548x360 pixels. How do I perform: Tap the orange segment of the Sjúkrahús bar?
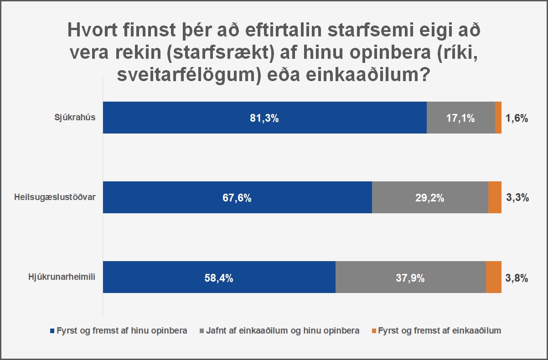pyautogui.click(x=498, y=118)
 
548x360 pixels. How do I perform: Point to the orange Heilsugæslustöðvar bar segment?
pyautogui.click(x=495, y=197)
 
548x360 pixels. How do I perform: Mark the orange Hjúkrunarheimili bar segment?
pyautogui.click(x=494, y=277)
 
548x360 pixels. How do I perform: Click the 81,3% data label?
pyautogui.click(x=264, y=118)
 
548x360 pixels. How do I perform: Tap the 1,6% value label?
pyautogui.click(x=517, y=118)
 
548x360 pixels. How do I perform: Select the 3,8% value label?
pyautogui.click(x=517, y=278)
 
